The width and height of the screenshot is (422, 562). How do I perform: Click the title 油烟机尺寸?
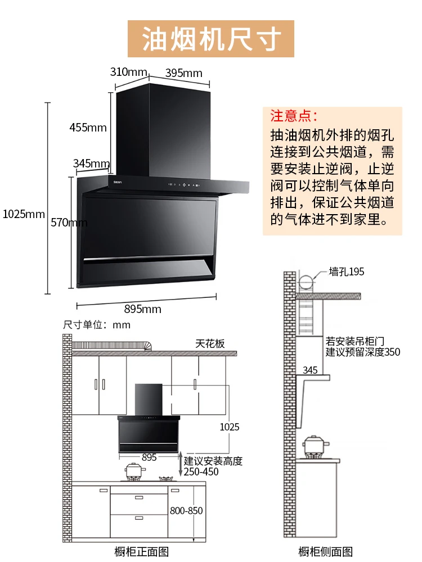pos(211,39)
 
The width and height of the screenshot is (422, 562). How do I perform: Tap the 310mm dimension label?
pos(128,72)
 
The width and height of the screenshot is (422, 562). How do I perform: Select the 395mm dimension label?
pos(183,73)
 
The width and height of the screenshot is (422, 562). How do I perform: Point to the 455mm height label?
pos(88,127)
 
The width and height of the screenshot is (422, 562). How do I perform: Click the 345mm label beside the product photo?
pos(91,164)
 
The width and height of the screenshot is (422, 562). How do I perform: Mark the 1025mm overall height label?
pos(23,214)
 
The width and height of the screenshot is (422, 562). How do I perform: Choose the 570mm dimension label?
pos(69,223)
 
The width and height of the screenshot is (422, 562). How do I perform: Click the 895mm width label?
pos(142,309)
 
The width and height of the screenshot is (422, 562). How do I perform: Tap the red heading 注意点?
pos(294,116)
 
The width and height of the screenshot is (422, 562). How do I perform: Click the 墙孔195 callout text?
pos(347,272)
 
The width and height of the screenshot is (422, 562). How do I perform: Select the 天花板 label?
pos(210,343)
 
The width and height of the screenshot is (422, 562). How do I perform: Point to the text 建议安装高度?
pos(213,461)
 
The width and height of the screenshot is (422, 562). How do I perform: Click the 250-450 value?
pos(201,472)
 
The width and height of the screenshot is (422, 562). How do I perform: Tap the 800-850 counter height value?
pos(186,511)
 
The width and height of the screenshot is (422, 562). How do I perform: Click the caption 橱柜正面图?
pos(141,552)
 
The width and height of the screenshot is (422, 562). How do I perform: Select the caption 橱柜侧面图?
pos(325,552)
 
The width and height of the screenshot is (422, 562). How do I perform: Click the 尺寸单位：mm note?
pos(97,325)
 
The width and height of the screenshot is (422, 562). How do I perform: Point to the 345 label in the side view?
pos(310,370)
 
